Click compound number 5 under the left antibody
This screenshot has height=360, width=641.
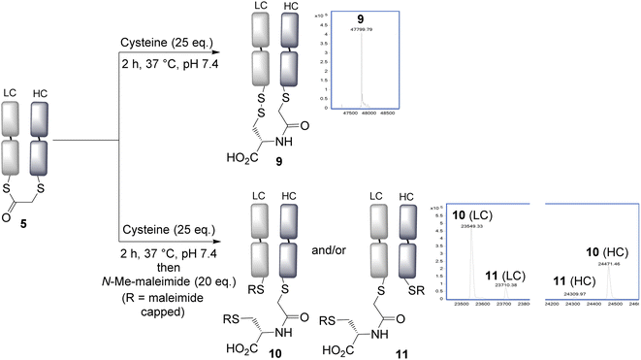[22, 221]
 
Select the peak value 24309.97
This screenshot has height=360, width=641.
[578, 266]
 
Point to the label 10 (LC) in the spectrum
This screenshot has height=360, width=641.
[465, 213]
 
